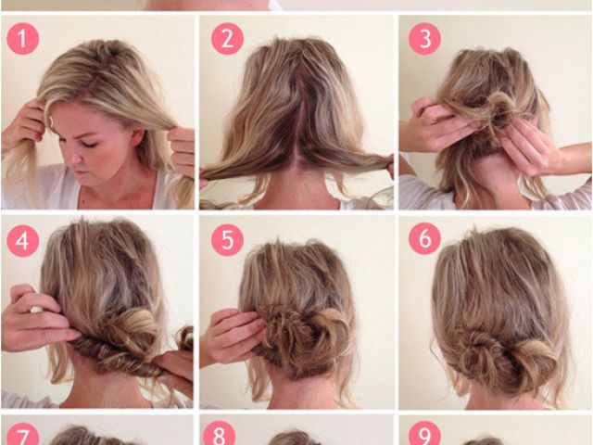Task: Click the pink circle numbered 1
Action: (x=22, y=39)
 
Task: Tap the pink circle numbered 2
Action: (x=227, y=39)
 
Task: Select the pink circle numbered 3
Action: (x=424, y=39)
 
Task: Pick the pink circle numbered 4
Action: (x=22, y=241)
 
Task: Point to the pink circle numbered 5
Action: (x=227, y=239)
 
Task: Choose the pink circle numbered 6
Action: (x=424, y=239)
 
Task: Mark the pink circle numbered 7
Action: (x=22, y=434)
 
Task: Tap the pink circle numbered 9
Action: (x=424, y=433)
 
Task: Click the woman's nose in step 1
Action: (x=76, y=159)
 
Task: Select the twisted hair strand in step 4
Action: (x=118, y=356)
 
